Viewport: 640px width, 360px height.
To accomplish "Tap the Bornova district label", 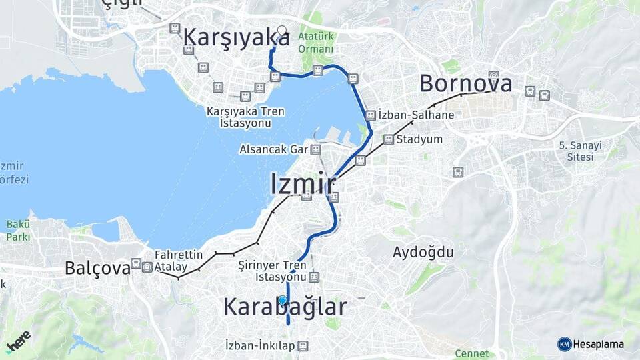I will [466, 84].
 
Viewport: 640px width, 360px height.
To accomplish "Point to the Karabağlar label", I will [285, 307].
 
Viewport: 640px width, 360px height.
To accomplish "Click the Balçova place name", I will [97, 268].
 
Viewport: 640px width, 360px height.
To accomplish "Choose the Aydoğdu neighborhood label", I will [423, 252].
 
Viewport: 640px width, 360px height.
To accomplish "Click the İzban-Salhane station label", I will [416, 115].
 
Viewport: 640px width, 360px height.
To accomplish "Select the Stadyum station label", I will [419, 139].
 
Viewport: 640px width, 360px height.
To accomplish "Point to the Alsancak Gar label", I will [274, 149].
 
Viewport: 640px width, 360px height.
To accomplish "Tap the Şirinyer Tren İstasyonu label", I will [272, 271].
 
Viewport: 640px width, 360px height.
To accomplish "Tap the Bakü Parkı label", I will [18, 231].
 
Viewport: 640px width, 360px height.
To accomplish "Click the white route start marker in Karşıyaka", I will [281, 31].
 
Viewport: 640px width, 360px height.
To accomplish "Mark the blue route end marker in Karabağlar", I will [283, 300].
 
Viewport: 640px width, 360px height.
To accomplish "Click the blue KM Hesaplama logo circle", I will [564, 344].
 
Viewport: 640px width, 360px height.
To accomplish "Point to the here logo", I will [18, 341].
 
